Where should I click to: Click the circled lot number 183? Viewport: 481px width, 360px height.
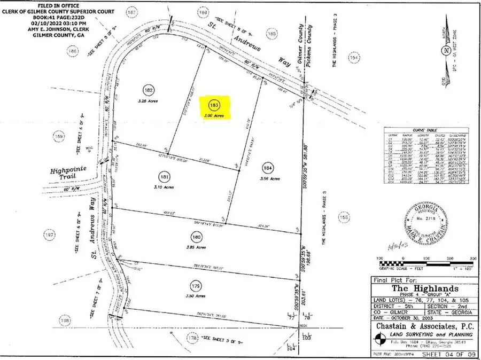(215, 105)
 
